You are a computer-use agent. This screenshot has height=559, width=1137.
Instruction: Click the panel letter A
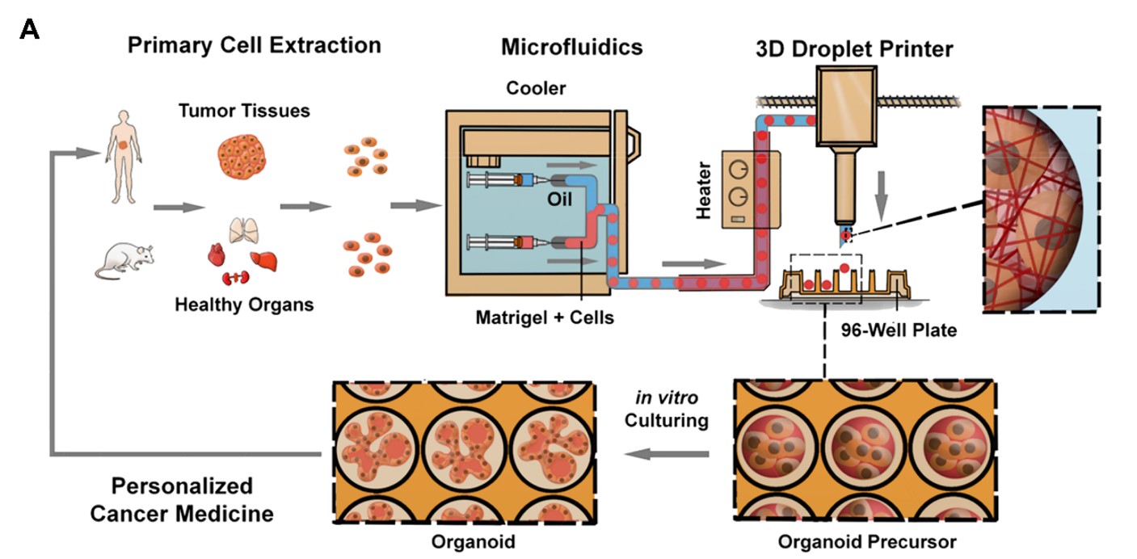(29, 29)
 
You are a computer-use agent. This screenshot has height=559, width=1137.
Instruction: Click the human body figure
(124, 158)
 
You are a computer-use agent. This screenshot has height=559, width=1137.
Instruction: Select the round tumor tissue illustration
(242, 157)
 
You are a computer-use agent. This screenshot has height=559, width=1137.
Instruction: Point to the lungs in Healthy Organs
(244, 230)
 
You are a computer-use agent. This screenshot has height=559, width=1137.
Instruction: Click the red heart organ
(217, 254)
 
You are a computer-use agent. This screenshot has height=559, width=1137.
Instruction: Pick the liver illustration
(264, 261)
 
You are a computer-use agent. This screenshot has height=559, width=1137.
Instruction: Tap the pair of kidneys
(235, 277)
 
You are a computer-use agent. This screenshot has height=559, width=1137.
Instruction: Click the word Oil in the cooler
(559, 200)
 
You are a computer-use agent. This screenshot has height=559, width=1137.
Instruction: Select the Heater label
(704, 190)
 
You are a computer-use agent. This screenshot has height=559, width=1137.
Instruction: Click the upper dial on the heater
(739, 170)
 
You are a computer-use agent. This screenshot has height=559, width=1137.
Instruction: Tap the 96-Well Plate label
(899, 330)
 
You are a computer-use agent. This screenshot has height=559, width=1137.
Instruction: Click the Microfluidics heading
(572, 47)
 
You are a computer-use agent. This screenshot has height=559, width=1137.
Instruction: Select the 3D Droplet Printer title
(854, 49)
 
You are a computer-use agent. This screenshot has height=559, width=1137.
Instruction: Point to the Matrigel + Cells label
(545, 317)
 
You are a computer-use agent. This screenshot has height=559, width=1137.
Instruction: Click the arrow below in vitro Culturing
(667, 453)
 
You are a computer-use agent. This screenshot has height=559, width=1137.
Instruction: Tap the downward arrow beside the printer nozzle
(881, 196)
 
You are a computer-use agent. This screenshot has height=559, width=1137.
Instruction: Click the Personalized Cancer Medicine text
(182, 500)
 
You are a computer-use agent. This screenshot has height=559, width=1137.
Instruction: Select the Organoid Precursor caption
(867, 542)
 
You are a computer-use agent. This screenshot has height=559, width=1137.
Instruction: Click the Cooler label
(536, 88)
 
